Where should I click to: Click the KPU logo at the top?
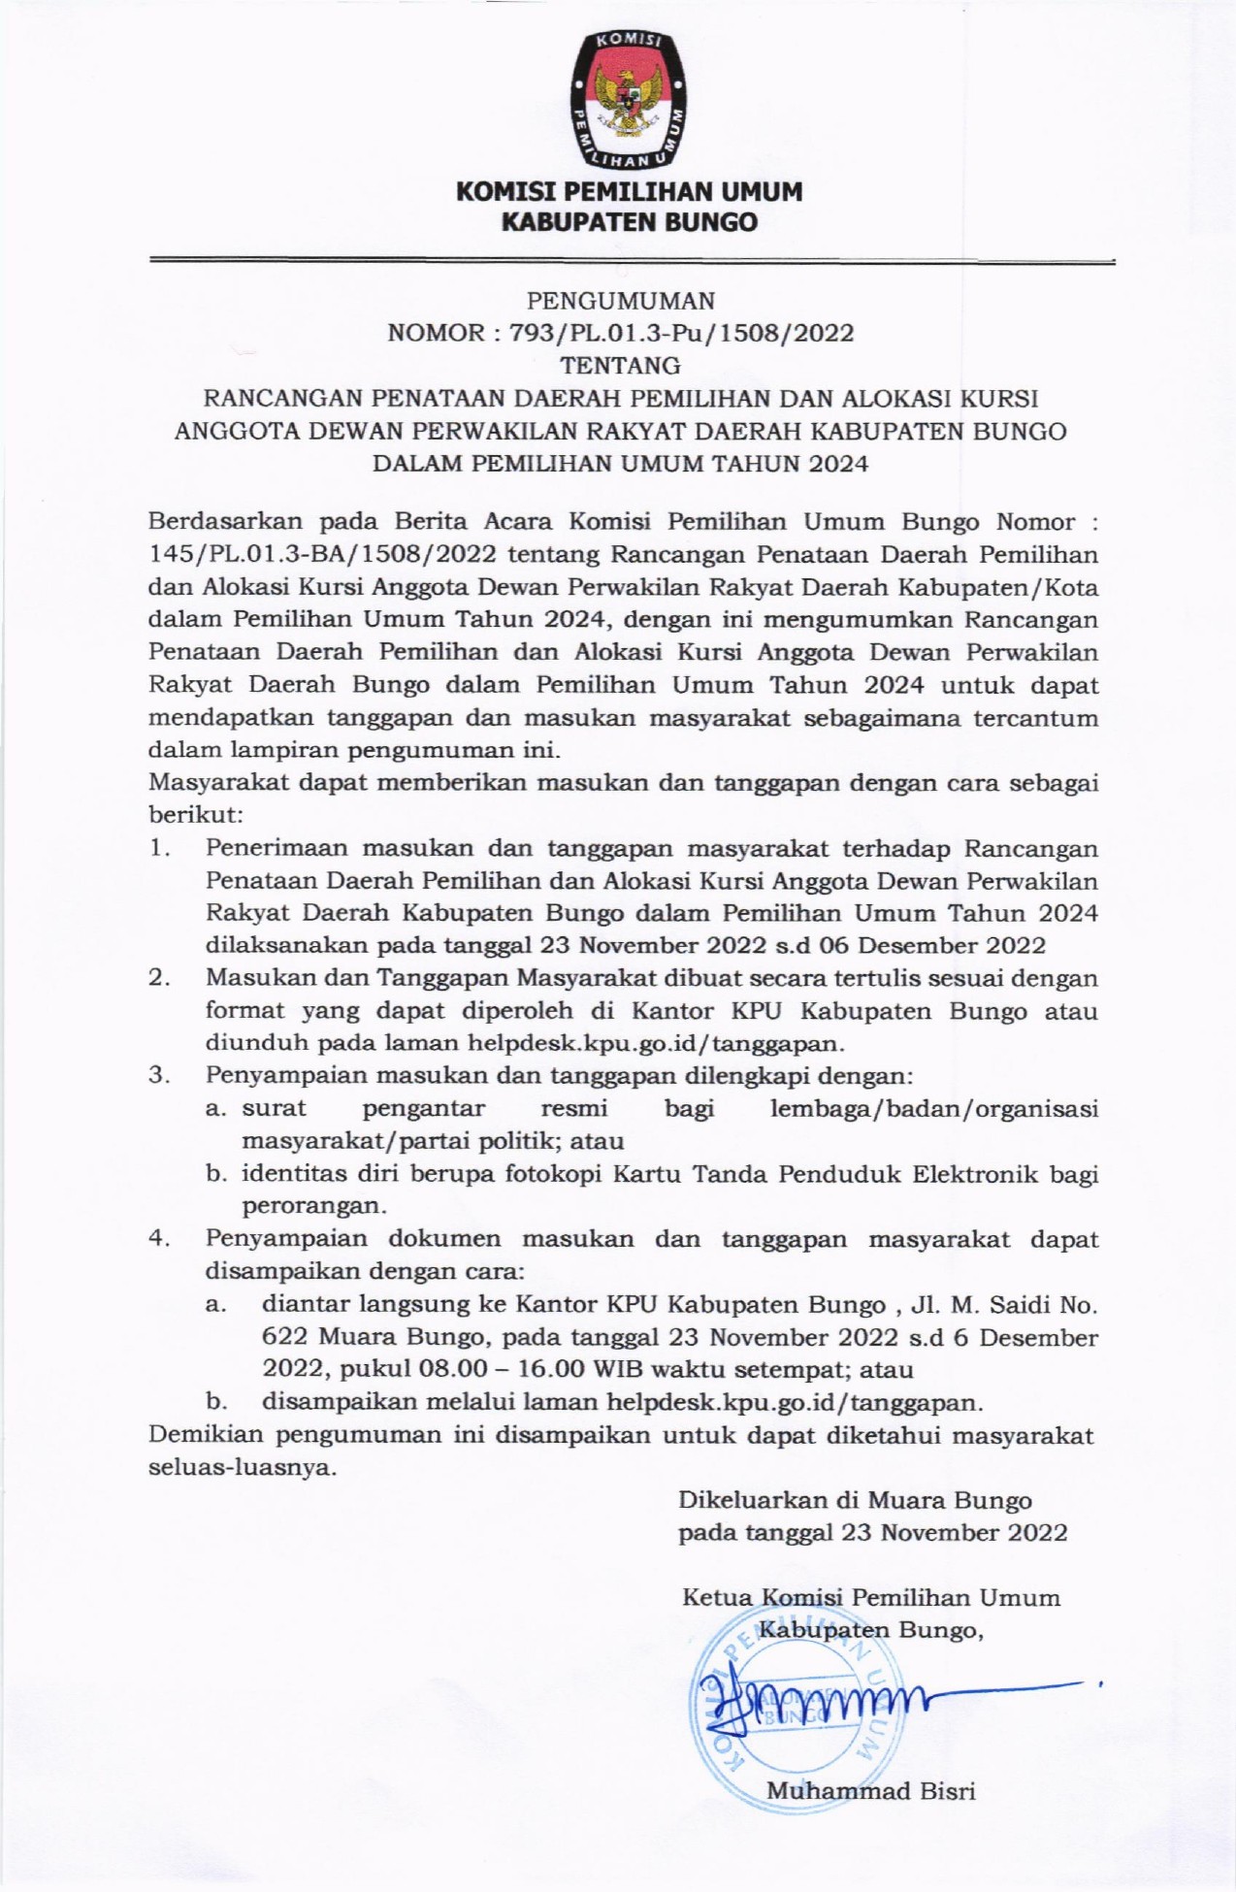tap(627, 98)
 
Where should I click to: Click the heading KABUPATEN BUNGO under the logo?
tap(628, 222)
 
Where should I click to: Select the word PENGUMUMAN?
tap(621, 300)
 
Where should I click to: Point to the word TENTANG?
tap(621, 366)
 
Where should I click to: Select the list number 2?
tap(159, 977)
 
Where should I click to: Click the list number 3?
tap(159, 1075)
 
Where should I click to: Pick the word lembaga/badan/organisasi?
tap(933, 1108)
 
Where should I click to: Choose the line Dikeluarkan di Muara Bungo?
tap(855, 1500)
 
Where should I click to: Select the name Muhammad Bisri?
tap(870, 1791)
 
